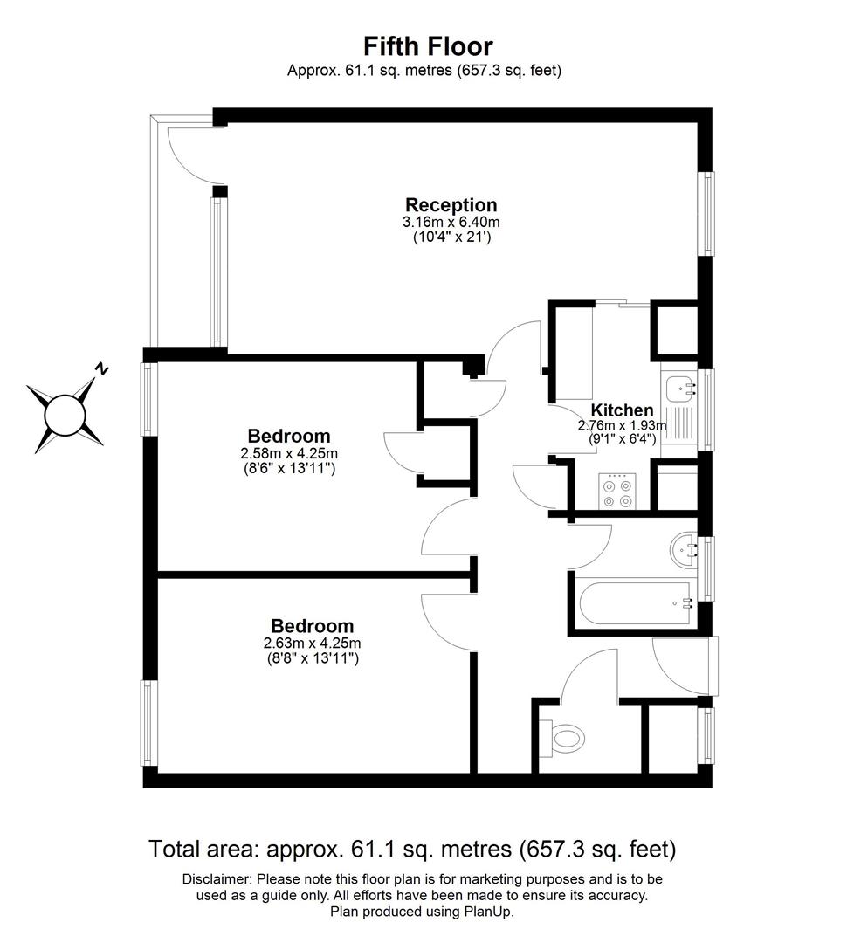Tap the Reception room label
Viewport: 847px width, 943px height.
click(451, 205)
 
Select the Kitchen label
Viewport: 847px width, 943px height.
click(622, 410)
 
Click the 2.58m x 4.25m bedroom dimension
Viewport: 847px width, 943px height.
click(289, 453)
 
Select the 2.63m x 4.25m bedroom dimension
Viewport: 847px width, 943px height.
click(312, 644)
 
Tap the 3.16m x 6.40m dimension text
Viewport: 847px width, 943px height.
click(451, 222)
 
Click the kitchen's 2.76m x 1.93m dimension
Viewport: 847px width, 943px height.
click(622, 426)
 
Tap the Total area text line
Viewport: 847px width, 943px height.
click(412, 848)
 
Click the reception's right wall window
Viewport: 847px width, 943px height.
click(707, 214)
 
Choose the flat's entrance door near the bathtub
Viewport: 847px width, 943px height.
click(686, 667)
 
